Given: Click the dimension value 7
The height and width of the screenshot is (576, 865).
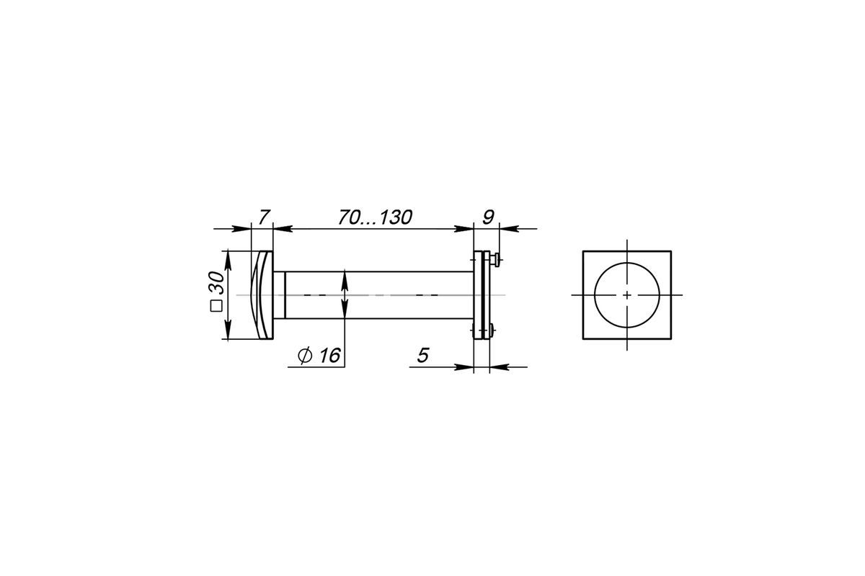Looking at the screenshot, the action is pos(264,217).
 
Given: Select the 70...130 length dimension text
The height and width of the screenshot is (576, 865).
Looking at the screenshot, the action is pos(376,217).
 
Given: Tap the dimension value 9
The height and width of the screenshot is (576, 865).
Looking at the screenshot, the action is pos(489,217).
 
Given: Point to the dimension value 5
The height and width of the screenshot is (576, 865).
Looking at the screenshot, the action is pos(423,356).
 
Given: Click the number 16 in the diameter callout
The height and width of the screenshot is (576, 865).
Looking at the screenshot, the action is pos(330,356).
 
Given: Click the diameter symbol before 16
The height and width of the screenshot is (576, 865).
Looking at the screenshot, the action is pos(305,356).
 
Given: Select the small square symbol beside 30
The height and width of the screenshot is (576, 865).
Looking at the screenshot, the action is pos(216,306).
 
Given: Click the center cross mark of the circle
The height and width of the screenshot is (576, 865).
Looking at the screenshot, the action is pos(626,295).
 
